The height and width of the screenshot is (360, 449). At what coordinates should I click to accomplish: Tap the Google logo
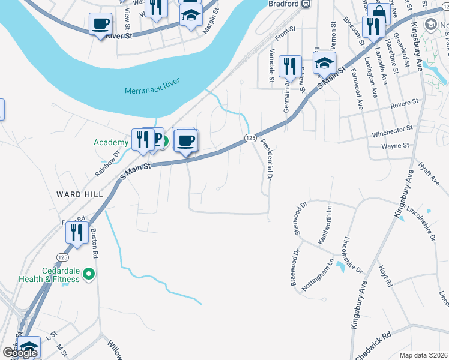pos(20,353)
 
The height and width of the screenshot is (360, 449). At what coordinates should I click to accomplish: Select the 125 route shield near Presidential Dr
pos(251,138)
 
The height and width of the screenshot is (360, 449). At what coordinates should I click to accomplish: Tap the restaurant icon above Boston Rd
pos(76,232)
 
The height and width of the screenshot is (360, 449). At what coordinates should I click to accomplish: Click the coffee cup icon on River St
pos(100,24)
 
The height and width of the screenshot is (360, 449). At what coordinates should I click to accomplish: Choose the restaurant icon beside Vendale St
pos(290,67)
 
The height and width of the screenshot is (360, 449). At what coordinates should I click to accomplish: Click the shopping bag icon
pos(379,12)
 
